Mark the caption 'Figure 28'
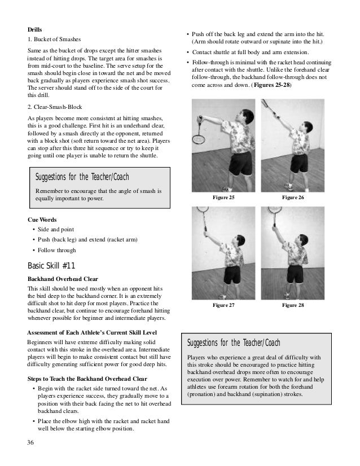(x=293, y=305)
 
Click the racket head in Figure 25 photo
(x=199, y=138)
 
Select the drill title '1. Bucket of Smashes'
(x=55, y=41)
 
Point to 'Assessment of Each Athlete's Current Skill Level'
(x=92, y=332)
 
